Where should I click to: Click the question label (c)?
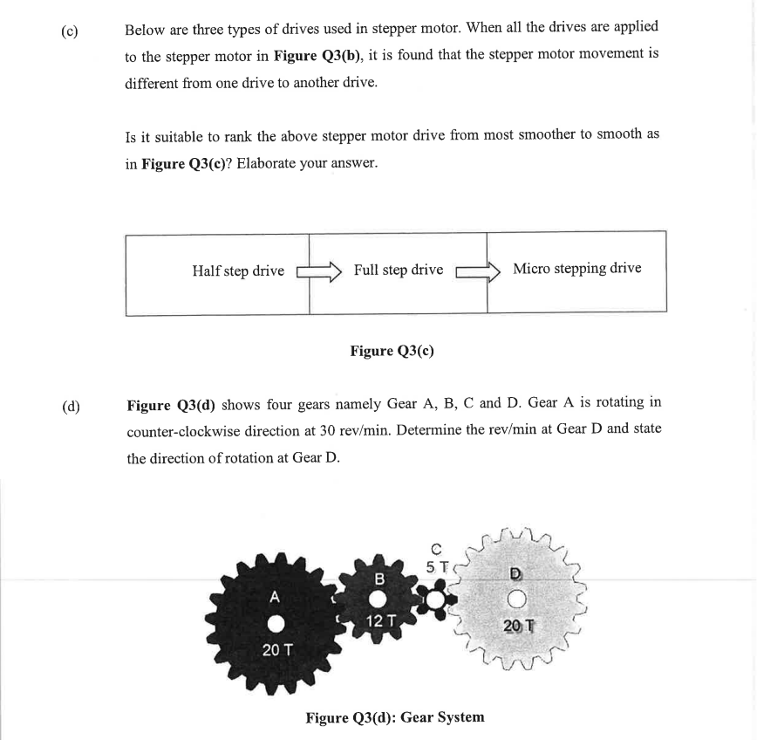(x=70, y=32)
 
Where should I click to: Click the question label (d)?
(x=71, y=407)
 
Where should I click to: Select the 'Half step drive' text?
(x=238, y=271)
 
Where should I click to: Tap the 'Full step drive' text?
(x=399, y=270)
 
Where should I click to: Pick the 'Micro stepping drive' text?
(x=576, y=269)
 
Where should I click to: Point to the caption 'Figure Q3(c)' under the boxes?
(x=392, y=351)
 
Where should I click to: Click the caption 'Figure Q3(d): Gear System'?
(x=394, y=717)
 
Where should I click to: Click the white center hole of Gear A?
(x=276, y=623)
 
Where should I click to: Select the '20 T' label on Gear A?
(x=276, y=650)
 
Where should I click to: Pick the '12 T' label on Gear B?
(x=381, y=621)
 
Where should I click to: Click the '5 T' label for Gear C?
(x=437, y=566)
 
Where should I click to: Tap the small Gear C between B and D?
(x=436, y=599)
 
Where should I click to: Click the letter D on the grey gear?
(x=516, y=573)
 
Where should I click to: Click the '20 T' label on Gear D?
(x=518, y=626)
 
